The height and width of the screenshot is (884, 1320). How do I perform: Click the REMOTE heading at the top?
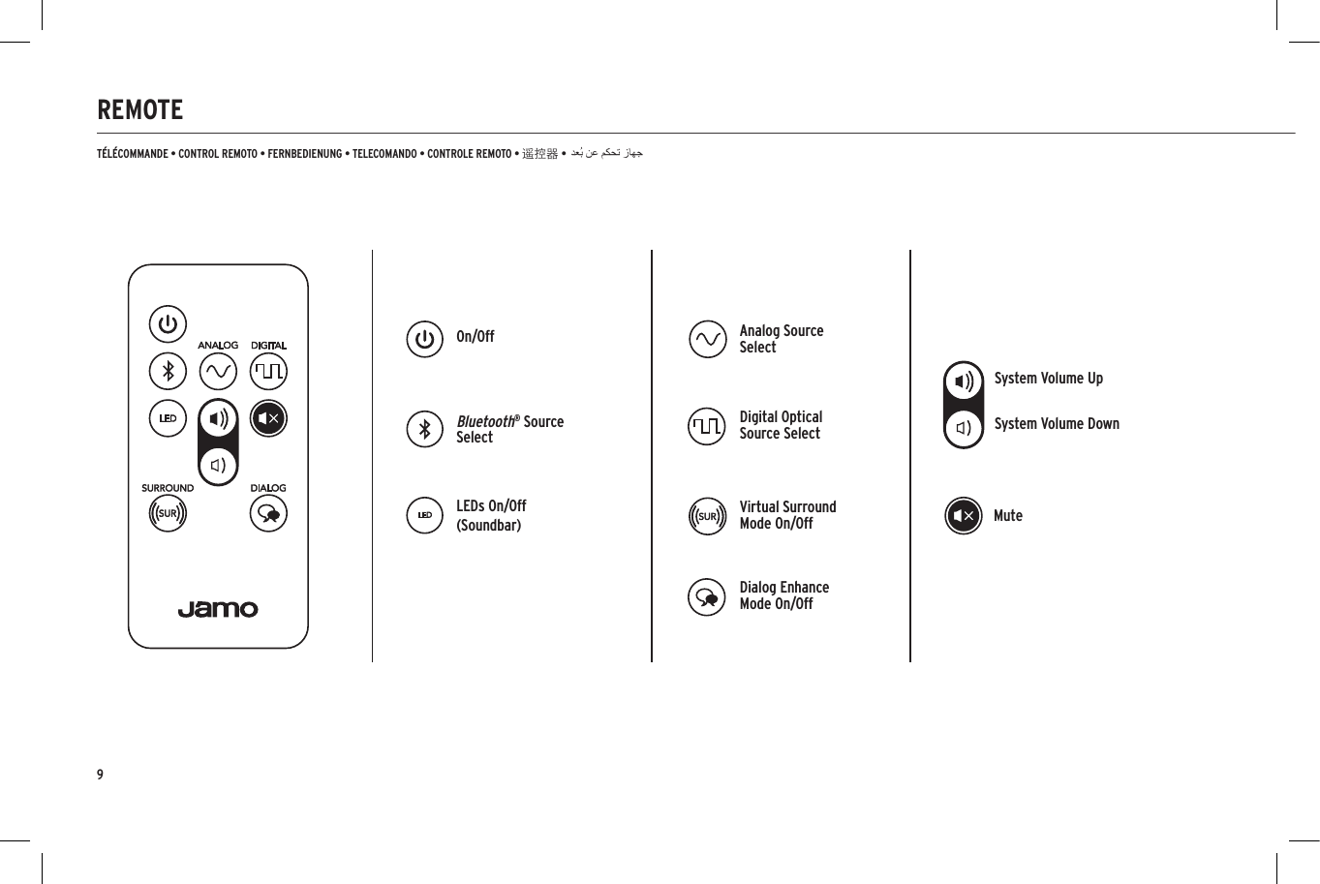click(x=139, y=109)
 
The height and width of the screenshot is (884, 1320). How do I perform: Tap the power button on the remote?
click(x=168, y=324)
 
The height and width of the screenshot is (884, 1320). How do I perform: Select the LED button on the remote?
click(x=168, y=418)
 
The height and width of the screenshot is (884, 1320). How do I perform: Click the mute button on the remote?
click(x=268, y=418)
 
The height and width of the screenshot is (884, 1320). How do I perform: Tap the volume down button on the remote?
click(x=219, y=465)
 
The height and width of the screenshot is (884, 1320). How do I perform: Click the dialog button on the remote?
click(x=268, y=513)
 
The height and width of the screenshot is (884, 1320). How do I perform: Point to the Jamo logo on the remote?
click(x=218, y=609)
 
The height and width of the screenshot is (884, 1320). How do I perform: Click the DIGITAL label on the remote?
click(x=268, y=346)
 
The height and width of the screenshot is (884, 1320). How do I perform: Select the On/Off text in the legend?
click(x=475, y=337)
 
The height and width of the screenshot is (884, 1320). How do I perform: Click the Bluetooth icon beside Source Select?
click(x=424, y=429)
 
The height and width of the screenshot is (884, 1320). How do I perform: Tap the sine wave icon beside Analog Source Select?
click(x=707, y=339)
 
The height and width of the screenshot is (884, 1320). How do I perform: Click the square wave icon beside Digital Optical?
click(x=707, y=426)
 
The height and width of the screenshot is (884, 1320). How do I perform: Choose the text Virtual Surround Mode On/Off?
click(x=787, y=515)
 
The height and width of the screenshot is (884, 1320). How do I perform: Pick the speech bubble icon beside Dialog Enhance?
click(x=707, y=596)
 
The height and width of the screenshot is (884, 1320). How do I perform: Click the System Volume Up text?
click(x=1048, y=379)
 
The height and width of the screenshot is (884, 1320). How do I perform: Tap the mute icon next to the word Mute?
click(x=963, y=516)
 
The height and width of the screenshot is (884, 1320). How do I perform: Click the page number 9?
click(x=100, y=775)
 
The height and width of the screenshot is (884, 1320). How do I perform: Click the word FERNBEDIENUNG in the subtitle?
click(x=304, y=154)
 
